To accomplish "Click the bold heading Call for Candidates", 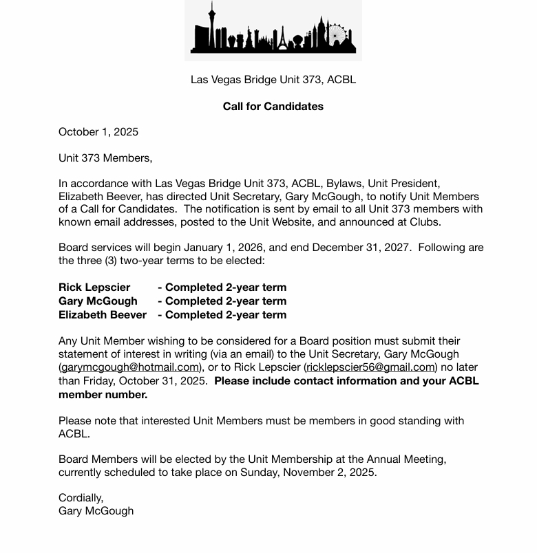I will [273, 106].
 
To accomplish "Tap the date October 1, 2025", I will [98, 131].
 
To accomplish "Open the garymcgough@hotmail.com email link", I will [129, 367].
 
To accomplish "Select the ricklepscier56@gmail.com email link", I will [370, 367].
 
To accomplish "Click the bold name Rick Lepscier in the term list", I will [94, 287].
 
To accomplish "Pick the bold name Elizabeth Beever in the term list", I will [103, 314].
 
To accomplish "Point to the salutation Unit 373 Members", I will [105, 158].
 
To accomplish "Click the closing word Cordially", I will [81, 497].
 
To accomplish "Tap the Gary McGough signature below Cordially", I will [96, 510].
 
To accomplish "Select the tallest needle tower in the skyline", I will [212, 25].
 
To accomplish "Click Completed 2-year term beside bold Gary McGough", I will [222, 301].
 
